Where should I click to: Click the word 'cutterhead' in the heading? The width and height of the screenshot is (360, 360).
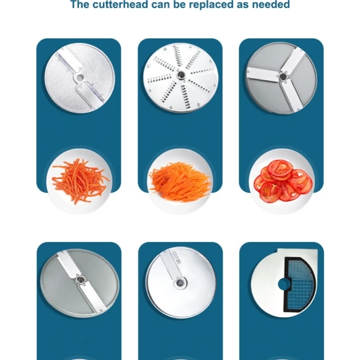(115, 5)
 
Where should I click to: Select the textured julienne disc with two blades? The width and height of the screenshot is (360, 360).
(79, 78)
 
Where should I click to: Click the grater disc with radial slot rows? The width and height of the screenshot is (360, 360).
(180, 77)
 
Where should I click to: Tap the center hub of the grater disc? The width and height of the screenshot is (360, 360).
(180, 75)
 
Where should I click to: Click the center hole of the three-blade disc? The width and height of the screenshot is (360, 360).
(283, 76)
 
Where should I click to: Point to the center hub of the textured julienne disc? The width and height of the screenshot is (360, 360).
(79, 77)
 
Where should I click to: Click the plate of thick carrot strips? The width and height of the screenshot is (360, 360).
(79, 181)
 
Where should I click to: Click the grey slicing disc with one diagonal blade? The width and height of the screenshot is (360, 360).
(78, 283)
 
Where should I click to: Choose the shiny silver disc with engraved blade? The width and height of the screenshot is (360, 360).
(180, 283)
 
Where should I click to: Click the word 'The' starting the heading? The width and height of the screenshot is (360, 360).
(79, 5)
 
